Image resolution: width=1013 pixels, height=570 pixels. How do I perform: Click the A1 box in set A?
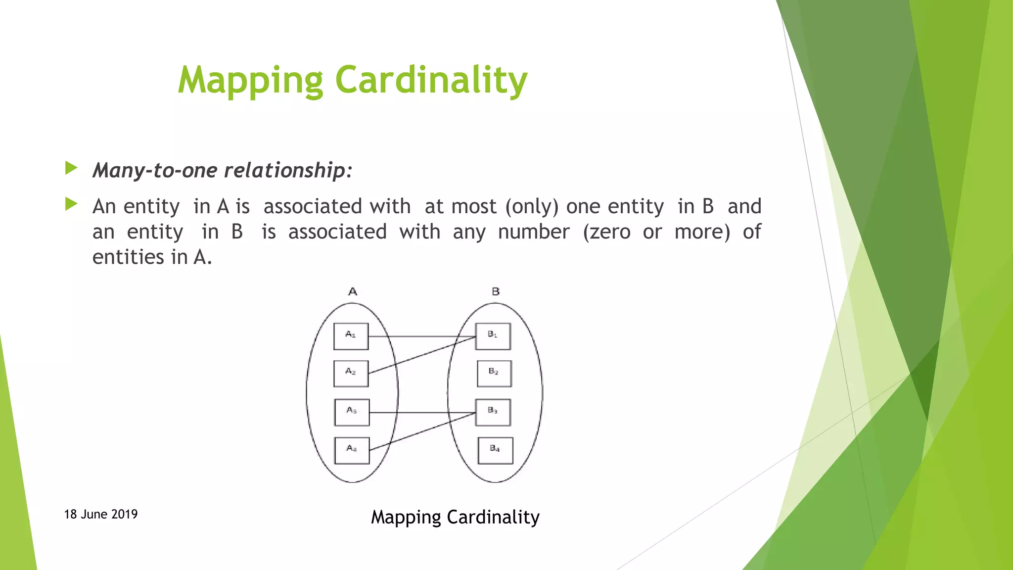click(351, 336)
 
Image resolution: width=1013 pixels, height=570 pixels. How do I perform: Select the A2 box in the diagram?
click(351, 374)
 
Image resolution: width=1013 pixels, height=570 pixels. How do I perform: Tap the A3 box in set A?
click(352, 412)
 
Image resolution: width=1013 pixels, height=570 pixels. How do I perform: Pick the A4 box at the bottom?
click(352, 450)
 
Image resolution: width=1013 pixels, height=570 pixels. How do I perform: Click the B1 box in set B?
click(493, 336)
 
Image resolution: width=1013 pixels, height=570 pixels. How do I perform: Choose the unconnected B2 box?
click(494, 374)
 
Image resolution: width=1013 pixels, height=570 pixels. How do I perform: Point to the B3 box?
click(493, 412)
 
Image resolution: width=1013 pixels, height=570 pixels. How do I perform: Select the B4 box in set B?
click(495, 450)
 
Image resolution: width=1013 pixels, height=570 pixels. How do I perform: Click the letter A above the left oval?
click(353, 291)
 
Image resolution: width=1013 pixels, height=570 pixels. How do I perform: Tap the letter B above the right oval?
click(496, 291)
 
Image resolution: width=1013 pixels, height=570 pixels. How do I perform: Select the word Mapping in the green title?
click(250, 81)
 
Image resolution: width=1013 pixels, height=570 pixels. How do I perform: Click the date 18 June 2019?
click(101, 514)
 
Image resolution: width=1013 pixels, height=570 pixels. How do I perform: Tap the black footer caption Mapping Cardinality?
click(455, 517)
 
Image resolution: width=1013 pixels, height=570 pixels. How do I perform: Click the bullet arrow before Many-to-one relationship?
click(71, 168)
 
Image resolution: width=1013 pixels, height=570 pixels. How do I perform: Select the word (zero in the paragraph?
click(606, 232)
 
